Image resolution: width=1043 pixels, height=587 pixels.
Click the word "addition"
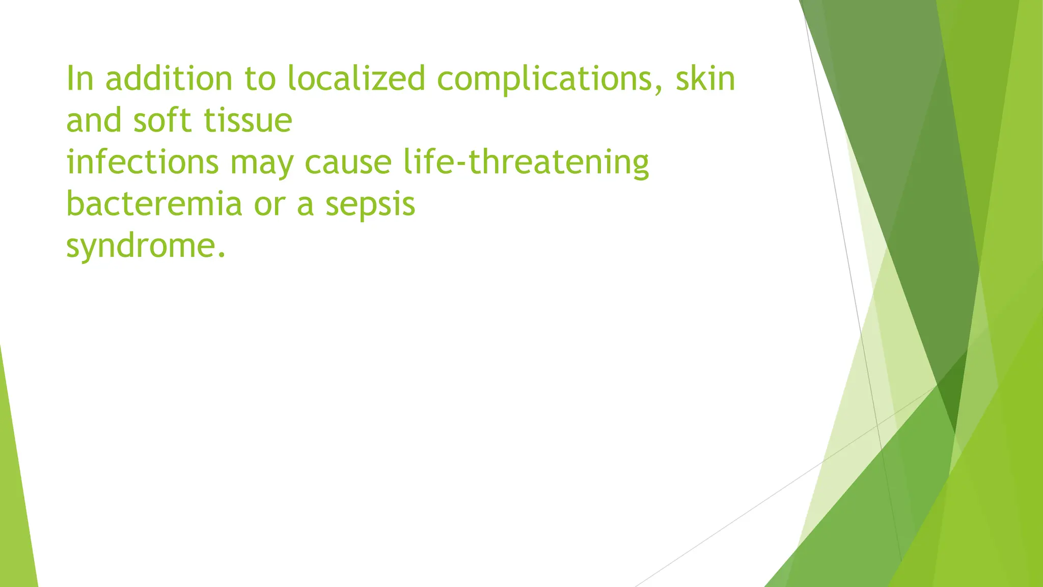click(168, 79)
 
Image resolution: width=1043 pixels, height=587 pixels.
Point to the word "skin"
click(705, 79)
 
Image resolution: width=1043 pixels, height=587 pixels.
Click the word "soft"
click(162, 121)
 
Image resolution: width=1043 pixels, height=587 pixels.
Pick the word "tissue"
click(248, 121)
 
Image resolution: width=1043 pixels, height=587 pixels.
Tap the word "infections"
click(143, 163)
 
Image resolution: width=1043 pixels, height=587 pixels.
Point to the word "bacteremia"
click(154, 204)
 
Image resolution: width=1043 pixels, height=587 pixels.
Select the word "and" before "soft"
click(94, 121)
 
